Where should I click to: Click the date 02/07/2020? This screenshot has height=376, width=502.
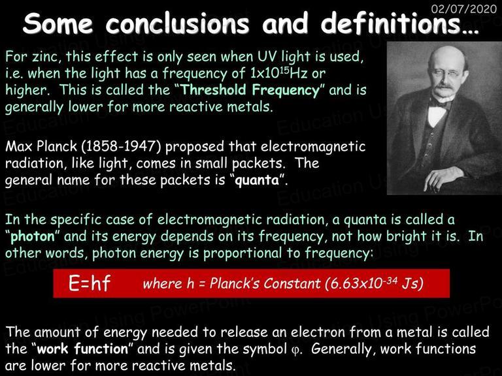464,8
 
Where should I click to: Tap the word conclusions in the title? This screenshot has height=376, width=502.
178,23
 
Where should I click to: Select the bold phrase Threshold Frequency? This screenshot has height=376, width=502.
251,90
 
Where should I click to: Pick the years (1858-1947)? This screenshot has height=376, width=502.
122,146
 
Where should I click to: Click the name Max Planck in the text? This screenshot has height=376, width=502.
41,146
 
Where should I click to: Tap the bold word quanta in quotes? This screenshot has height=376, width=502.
257,180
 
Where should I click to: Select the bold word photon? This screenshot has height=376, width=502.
33,236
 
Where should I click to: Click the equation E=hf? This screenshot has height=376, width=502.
90,283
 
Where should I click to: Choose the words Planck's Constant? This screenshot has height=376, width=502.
265,283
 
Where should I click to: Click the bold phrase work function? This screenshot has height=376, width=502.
82,349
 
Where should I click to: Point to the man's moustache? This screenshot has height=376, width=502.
443,86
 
